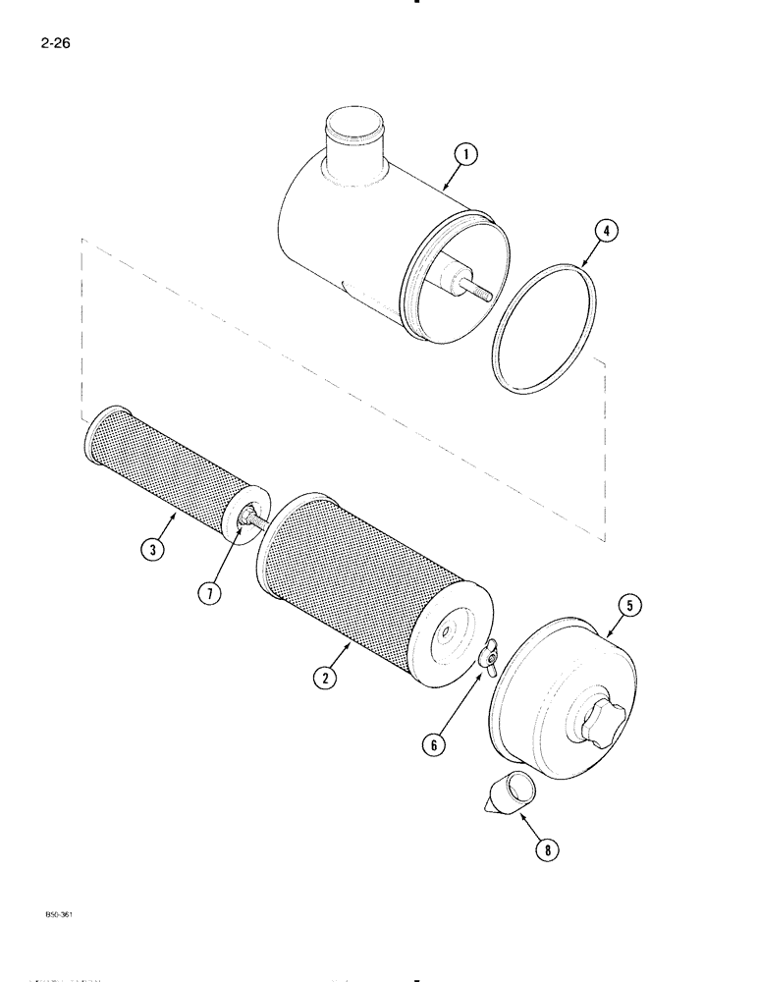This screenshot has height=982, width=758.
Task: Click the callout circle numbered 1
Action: pyautogui.click(x=465, y=153)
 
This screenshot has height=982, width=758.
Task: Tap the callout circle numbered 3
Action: pyautogui.click(x=151, y=550)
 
